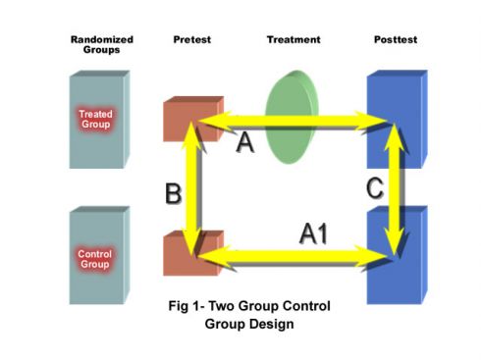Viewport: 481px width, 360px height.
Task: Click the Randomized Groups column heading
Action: point(102,44)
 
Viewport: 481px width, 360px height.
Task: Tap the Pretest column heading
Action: point(191,39)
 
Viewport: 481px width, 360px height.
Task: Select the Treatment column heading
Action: point(294,39)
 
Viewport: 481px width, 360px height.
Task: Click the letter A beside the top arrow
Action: point(246,143)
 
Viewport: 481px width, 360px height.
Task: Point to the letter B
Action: point(173,194)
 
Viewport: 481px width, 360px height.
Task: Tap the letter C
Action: point(374,189)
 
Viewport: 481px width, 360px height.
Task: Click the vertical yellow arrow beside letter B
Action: point(198,186)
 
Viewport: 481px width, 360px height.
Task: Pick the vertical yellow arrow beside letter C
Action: point(394,186)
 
